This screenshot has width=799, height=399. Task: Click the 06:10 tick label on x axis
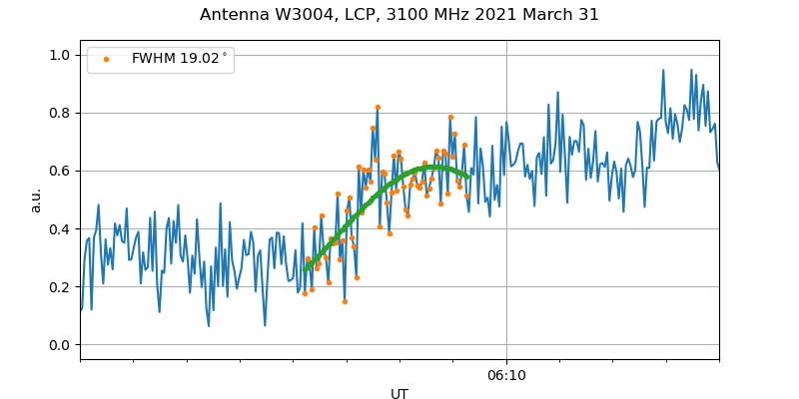pos(506,375)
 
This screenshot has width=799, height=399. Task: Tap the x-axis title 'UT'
pos(399,394)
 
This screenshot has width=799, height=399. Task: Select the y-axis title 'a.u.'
pos(36,199)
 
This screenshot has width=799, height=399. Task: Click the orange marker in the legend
pos(107,59)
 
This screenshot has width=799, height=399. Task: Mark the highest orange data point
pos(378,107)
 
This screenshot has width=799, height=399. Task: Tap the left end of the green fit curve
pos(305,270)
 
